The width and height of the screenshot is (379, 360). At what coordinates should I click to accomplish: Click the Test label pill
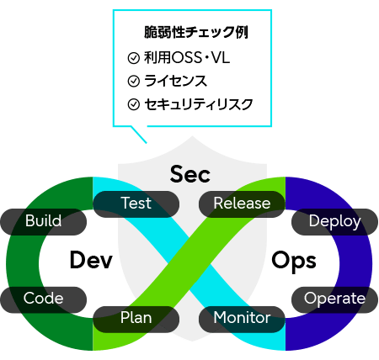(136, 204)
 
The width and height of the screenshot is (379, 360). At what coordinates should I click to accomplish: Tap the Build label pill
(43, 222)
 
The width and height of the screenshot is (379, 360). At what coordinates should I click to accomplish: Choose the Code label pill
(43, 299)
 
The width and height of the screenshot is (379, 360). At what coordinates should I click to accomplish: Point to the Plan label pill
(136, 318)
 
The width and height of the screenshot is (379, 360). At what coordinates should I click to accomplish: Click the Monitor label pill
(242, 318)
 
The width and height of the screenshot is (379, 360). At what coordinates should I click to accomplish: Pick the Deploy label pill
(334, 222)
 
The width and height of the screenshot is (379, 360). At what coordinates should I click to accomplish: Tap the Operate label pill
(334, 299)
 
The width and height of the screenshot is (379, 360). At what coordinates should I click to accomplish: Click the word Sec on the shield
(189, 174)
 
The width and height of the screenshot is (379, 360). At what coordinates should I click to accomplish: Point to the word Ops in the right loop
(293, 261)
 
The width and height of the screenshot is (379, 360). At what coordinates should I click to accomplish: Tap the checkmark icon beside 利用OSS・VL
(132, 59)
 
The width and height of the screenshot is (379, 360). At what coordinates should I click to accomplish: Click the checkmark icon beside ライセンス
(132, 82)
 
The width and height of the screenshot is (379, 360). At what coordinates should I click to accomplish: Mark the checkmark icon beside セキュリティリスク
(132, 104)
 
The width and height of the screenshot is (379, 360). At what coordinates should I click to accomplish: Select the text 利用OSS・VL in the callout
(180, 59)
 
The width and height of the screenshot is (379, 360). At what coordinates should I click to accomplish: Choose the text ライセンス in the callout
(174, 82)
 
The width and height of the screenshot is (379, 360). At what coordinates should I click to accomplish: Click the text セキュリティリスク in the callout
(197, 104)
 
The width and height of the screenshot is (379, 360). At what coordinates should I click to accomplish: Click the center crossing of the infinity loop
(189, 261)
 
